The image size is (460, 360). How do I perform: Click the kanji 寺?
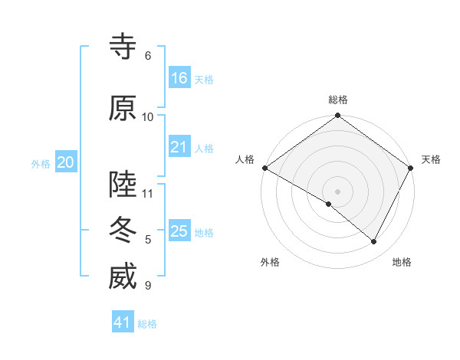(123, 47)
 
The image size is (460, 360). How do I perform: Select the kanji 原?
(123, 108)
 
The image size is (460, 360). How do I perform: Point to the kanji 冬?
(123, 231)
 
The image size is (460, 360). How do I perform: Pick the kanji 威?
(123, 277)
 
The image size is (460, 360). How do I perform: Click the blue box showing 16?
(179, 78)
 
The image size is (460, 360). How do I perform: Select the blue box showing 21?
(179, 147)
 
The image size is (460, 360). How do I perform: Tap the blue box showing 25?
(179, 231)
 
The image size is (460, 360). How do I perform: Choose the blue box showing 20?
(66, 162)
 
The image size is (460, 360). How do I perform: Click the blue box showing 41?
(123, 322)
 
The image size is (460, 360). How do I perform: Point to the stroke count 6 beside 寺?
(148, 56)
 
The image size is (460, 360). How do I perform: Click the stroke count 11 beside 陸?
(148, 193)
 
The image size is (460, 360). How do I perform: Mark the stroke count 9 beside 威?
(148, 286)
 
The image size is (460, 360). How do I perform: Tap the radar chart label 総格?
(337, 100)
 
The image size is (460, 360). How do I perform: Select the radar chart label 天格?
(431, 159)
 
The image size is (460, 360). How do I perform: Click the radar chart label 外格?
(270, 262)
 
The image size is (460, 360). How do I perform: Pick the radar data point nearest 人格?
(264, 168)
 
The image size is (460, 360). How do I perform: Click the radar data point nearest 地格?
(374, 242)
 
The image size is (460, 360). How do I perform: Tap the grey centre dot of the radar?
(337, 191)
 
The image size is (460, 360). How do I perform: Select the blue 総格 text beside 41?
(147, 324)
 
